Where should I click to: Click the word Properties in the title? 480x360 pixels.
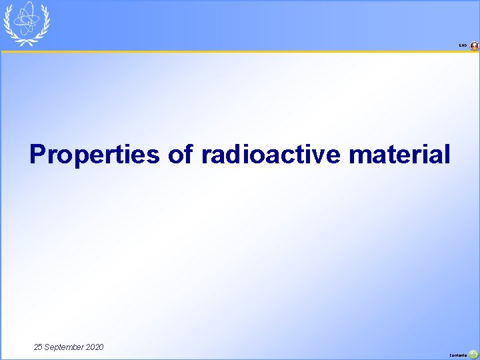(x=95, y=155)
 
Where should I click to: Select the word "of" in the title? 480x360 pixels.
(x=180, y=155)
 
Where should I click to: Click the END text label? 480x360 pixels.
(x=463, y=46)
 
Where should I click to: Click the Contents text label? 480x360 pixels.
(x=458, y=355)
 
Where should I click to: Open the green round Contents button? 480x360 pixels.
(x=473, y=355)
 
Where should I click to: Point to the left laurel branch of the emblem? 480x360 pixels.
(x=9, y=25)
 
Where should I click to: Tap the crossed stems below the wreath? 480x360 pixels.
(x=27, y=43)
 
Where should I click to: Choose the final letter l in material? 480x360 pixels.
(x=447, y=155)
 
